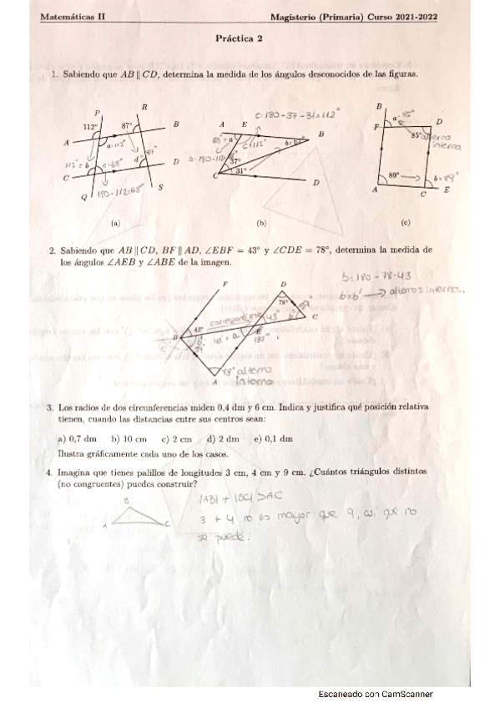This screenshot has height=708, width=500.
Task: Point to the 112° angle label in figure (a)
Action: coord(91,126)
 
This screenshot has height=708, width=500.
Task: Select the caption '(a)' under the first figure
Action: coord(115,224)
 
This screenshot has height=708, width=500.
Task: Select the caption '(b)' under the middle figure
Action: coord(261,224)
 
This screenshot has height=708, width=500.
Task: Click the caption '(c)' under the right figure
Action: coord(405,223)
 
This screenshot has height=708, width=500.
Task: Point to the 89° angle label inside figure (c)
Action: coord(395,175)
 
